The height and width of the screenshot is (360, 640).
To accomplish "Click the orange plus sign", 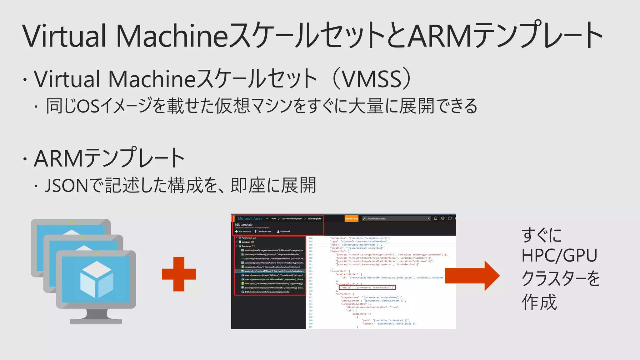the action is (179, 274).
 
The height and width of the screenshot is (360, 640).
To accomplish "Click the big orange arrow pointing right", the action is (472, 276).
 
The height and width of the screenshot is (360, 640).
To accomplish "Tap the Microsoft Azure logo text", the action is (250, 218).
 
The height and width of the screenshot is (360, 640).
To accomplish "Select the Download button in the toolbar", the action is (283, 232).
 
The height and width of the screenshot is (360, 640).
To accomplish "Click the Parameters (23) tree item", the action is (249, 238).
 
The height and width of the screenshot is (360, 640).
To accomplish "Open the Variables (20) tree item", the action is (248, 242).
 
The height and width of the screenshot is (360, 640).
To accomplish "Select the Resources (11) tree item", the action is (248, 246).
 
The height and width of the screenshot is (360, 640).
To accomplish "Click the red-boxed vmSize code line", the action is (367, 287).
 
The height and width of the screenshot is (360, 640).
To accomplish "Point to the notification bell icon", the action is (436, 218).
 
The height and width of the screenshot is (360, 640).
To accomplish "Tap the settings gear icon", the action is (443, 218).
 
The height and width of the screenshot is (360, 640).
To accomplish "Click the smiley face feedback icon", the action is (450, 218).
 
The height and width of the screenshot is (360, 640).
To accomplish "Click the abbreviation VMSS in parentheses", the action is (372, 79).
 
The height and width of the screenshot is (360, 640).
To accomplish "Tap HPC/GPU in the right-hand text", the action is (559, 256).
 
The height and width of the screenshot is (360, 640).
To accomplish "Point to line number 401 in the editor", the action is (310, 327).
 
